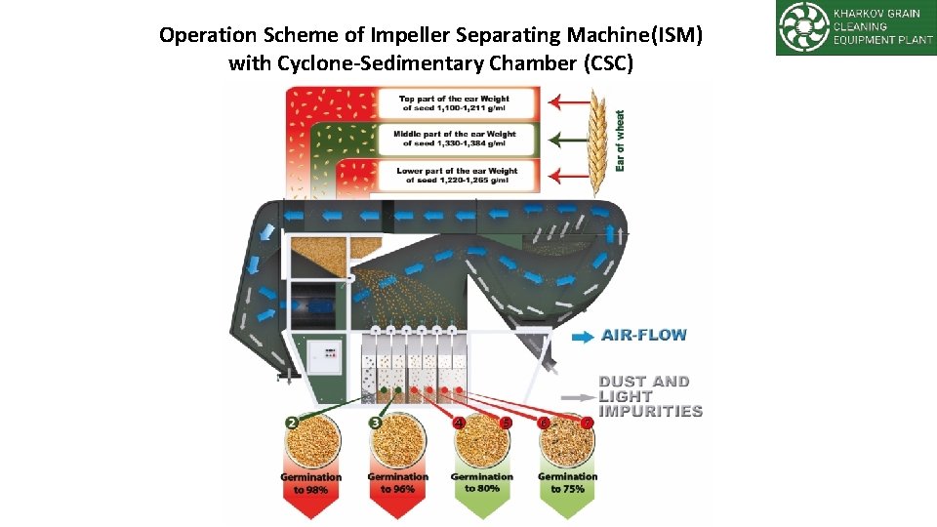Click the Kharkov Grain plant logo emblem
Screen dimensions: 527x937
pyautogui.click(x=803, y=27)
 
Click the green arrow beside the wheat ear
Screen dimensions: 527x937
pyautogui.click(x=565, y=138)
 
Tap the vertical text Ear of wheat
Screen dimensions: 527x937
pyautogui.click(x=621, y=141)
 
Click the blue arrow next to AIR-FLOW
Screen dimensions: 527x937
pyautogui.click(x=582, y=336)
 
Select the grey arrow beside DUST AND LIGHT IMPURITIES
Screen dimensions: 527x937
pyautogui.click(x=582, y=397)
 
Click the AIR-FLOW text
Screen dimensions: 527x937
pyautogui.click(x=644, y=335)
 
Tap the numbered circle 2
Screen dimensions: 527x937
pyautogui.click(x=292, y=423)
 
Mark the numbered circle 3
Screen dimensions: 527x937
pyautogui.click(x=376, y=423)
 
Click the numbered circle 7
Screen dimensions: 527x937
pyautogui.click(x=587, y=423)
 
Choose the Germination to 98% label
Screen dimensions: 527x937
pyautogui.click(x=311, y=483)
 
